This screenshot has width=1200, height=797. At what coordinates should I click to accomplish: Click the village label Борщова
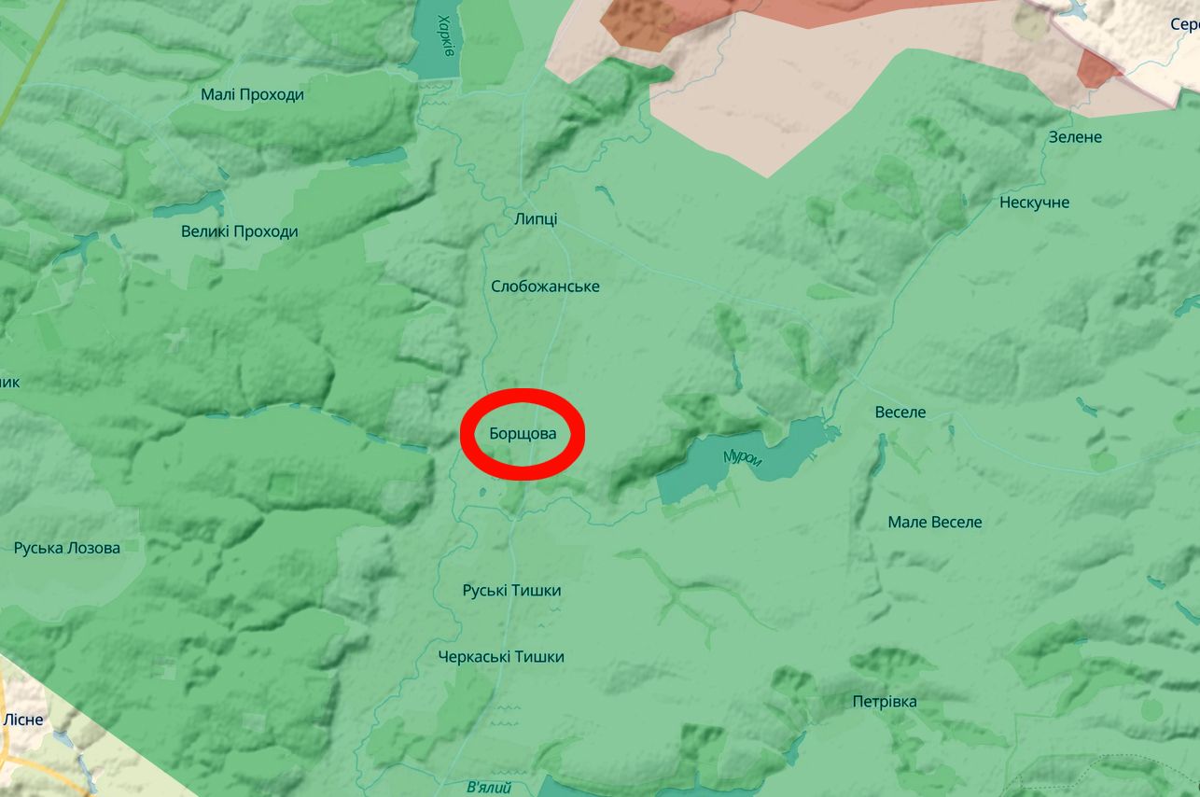pyautogui.click(x=523, y=434)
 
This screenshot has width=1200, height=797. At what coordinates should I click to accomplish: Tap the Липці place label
pyautogui.click(x=536, y=218)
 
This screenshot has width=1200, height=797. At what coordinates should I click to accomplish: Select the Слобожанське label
pyautogui.click(x=545, y=287)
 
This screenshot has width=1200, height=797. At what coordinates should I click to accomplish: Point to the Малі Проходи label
pyautogui.click(x=252, y=94)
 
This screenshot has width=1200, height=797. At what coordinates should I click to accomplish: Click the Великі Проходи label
pyautogui.click(x=240, y=231)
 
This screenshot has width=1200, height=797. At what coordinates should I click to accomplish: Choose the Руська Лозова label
pyautogui.click(x=67, y=548)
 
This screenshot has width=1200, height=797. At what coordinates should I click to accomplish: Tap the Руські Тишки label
pyautogui.click(x=511, y=591)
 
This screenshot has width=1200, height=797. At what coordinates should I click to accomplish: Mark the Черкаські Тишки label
pyautogui.click(x=501, y=657)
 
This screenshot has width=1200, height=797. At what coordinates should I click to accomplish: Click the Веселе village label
pyautogui.click(x=900, y=412)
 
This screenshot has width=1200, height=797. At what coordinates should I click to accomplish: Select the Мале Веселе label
pyautogui.click(x=935, y=522)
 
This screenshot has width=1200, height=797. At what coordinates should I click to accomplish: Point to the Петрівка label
pyautogui.click(x=885, y=702)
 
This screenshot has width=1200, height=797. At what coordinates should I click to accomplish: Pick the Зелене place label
pyautogui.click(x=1075, y=137)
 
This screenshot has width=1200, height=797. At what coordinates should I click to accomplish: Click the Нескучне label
pyautogui.click(x=1034, y=203)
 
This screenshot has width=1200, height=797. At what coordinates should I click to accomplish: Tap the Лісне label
pyautogui.click(x=23, y=720)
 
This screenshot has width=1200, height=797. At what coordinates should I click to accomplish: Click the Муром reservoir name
pyautogui.click(x=743, y=458)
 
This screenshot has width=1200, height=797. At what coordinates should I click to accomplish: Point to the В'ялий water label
pyautogui.click(x=489, y=788)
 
